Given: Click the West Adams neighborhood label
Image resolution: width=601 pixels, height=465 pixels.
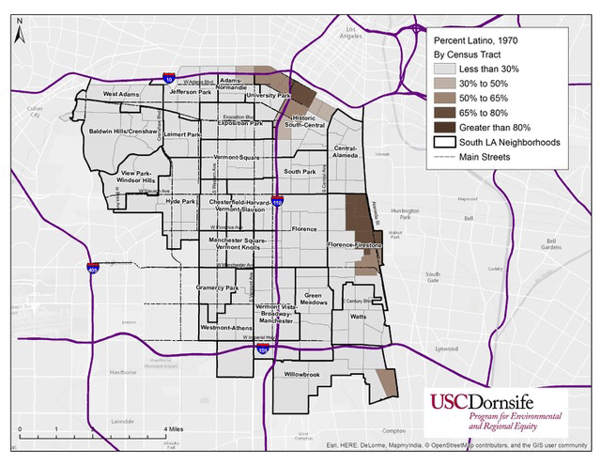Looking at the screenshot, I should pyautogui.click(x=122, y=94).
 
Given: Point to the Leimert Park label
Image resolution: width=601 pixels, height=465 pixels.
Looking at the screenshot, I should pyautogui.click(x=183, y=134).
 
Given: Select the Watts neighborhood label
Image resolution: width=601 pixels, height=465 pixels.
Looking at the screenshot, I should pyautogui.click(x=358, y=317).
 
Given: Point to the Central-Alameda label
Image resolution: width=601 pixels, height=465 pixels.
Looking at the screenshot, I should pyautogui.click(x=346, y=151).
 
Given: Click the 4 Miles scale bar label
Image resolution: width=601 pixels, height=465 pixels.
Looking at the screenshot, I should pyautogui.click(x=174, y=428).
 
